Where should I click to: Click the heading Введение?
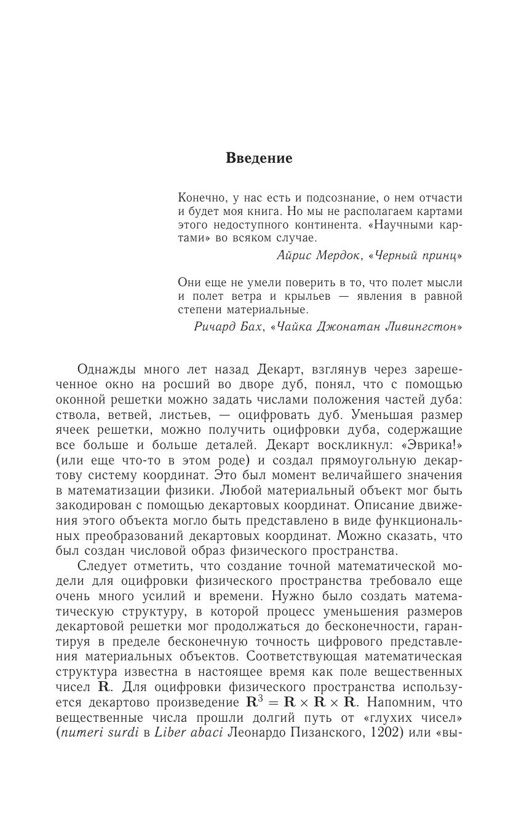(259, 158)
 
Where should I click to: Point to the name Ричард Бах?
(229, 327)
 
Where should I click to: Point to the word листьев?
(188, 415)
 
